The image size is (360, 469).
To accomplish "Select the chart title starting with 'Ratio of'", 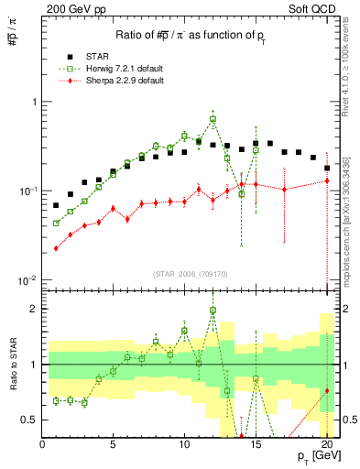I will tap(191, 35).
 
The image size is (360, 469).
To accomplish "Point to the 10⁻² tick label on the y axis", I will tap(28, 279).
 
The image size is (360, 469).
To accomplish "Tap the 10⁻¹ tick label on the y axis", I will tap(28, 191).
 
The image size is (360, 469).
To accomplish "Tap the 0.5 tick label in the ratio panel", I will tap(29, 420).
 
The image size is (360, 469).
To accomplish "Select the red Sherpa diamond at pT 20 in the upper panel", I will tap(327, 180).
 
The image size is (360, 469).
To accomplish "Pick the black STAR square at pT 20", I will tap(327, 168).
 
